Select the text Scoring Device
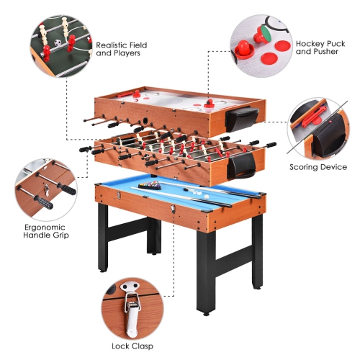pyautogui.click(x=318, y=167)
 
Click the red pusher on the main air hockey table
pyautogui.click(x=210, y=104)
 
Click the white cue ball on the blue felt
pyautogui.click(x=206, y=193)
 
